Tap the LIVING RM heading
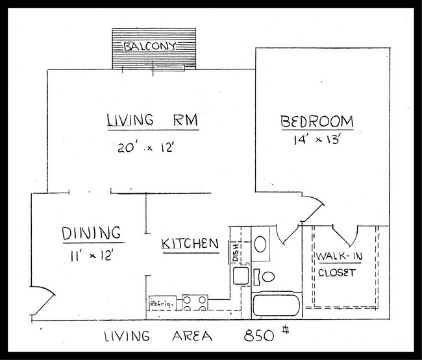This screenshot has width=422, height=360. click(x=152, y=121)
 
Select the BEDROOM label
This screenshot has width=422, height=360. click(x=317, y=121)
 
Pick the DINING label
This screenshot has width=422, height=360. click(x=92, y=233)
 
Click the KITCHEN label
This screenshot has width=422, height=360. click(x=190, y=244)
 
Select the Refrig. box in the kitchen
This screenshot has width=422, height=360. click(x=160, y=303)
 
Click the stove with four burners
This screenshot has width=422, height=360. click(x=195, y=302)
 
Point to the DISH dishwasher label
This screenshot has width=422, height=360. click(x=236, y=252)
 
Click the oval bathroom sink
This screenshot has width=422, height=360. click(x=261, y=244)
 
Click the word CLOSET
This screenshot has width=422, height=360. click(x=337, y=272)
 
